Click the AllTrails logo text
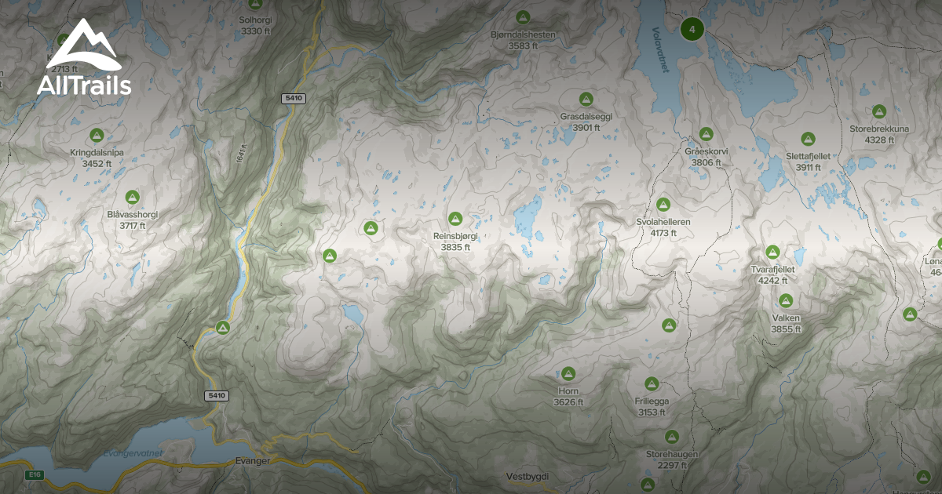click(84, 85)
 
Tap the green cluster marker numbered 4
click(692, 30)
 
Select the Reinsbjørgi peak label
click(455, 235)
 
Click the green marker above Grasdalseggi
click(586, 100)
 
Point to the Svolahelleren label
click(663, 222)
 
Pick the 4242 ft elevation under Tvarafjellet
click(773, 280)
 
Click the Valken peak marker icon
click(785, 300)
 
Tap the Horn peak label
click(568, 390)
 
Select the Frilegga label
click(652, 401)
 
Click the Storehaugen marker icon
click(672, 437)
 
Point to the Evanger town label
click(253, 461)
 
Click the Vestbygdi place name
click(528, 477)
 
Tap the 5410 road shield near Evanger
click(217, 396)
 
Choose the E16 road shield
click(34, 475)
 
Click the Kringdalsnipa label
click(97, 153)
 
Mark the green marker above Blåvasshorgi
click(133, 197)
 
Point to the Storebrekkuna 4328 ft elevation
click(878, 140)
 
